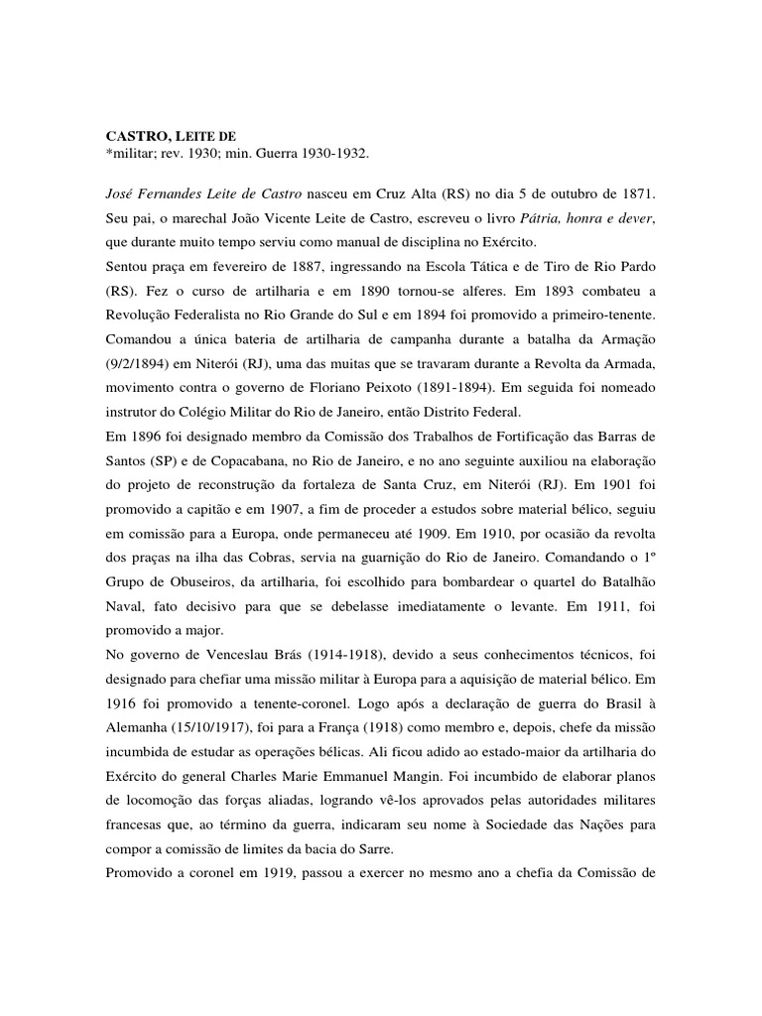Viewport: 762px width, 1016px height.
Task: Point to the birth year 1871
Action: coord(641,190)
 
